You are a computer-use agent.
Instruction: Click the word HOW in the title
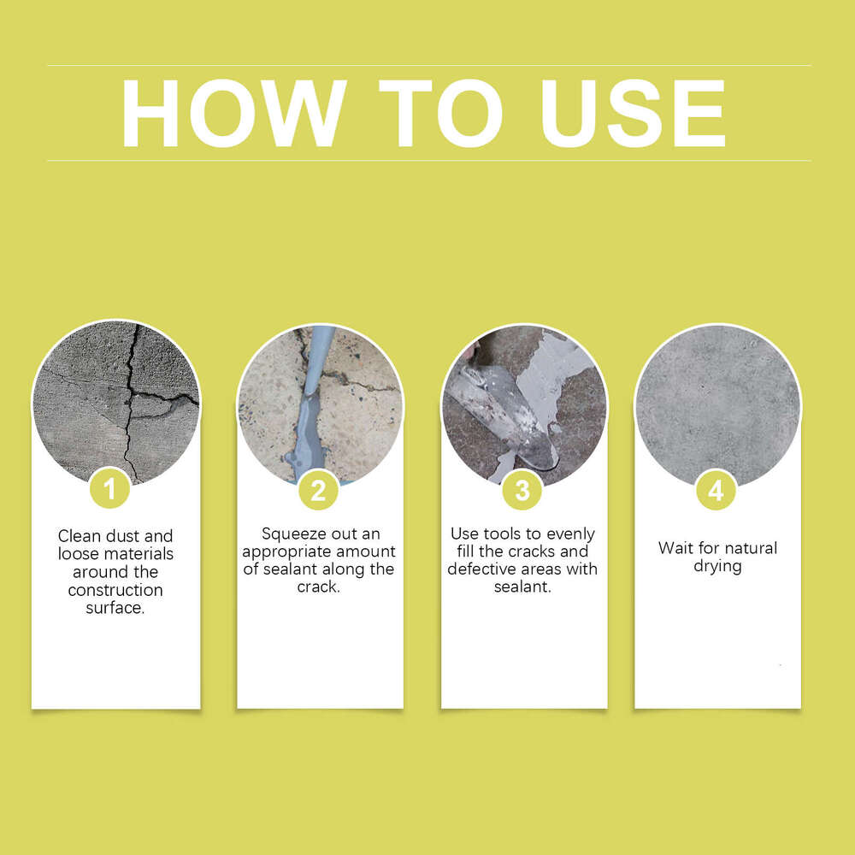[x=233, y=114]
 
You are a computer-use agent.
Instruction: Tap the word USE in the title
[x=633, y=114]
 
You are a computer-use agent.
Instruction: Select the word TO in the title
[x=440, y=114]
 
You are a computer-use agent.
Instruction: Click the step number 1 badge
[x=109, y=491]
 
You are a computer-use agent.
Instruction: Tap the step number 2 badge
[x=318, y=491]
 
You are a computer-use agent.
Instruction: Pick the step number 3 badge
[x=522, y=491]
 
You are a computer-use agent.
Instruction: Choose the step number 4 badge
[x=716, y=491]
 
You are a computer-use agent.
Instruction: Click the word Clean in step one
[x=79, y=536]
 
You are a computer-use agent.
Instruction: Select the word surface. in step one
[x=115, y=608]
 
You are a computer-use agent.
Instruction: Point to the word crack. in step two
[x=319, y=587]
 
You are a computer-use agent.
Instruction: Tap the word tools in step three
[x=500, y=534]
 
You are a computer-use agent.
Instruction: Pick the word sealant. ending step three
[x=523, y=587]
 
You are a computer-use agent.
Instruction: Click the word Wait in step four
[x=675, y=548]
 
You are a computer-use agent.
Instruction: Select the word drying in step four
[x=717, y=566]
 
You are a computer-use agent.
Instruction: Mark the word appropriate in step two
[x=286, y=551]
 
